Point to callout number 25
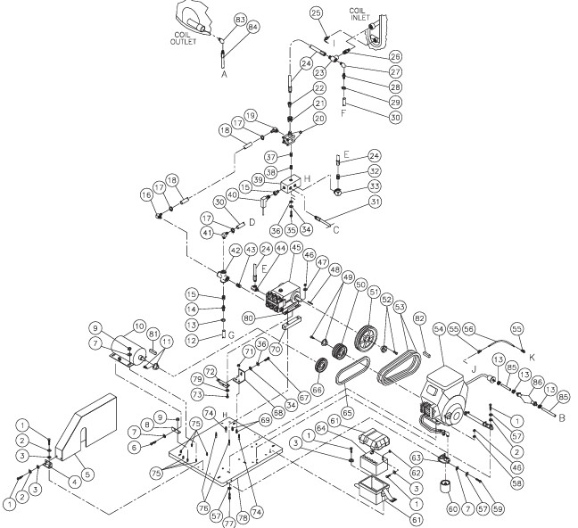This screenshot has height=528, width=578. tap(316, 12)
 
